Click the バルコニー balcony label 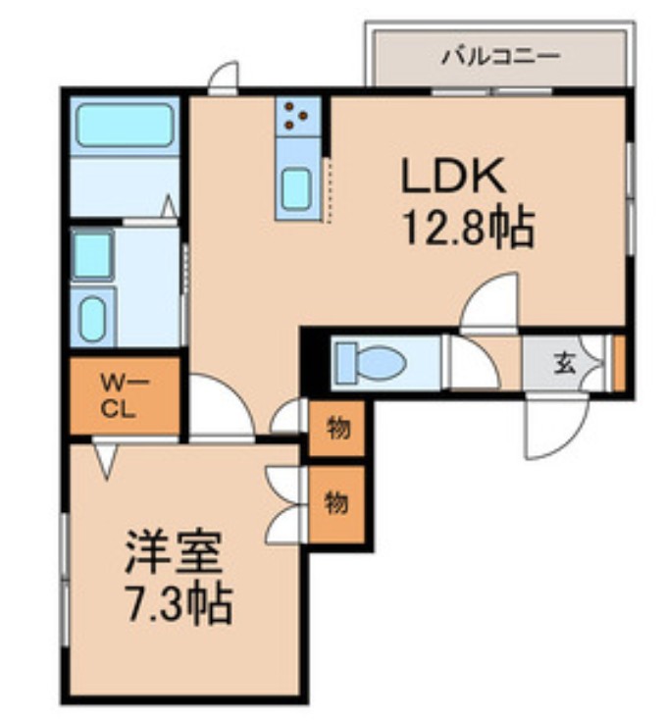pos(499,56)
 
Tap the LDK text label pos(452,177)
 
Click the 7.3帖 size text pos(178,604)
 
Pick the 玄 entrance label pos(565,364)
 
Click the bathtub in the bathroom pos(125,127)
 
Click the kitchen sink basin pos(296,187)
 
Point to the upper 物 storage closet pos(336,428)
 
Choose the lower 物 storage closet pos(336,503)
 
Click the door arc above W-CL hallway pos(218,403)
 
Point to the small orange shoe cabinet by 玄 pos(619,363)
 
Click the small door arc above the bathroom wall pos(226,78)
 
